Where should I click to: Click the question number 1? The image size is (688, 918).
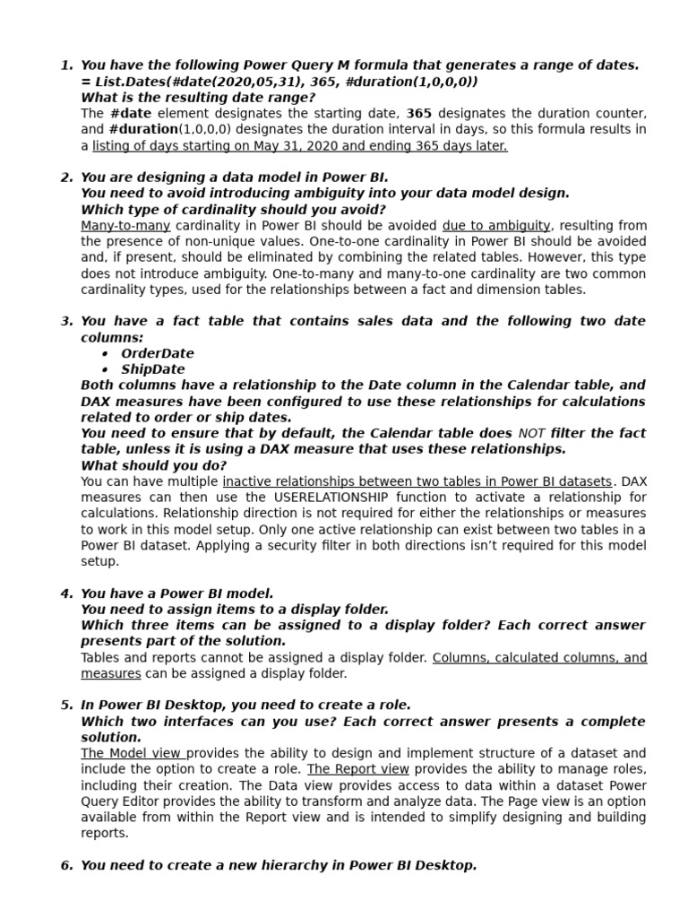click(65, 65)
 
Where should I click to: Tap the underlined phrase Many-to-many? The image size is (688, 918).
click(125, 226)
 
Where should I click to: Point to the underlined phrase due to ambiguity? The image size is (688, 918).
click(496, 226)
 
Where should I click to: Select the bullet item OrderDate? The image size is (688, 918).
click(158, 353)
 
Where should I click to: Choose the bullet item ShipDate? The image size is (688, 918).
click(153, 369)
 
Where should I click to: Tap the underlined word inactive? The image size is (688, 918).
click(247, 481)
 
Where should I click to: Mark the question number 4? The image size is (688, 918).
click(65, 593)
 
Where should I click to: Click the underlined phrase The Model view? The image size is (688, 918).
click(133, 753)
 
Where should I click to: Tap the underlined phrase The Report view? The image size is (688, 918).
click(358, 769)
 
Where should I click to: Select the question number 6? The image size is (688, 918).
click(65, 865)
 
